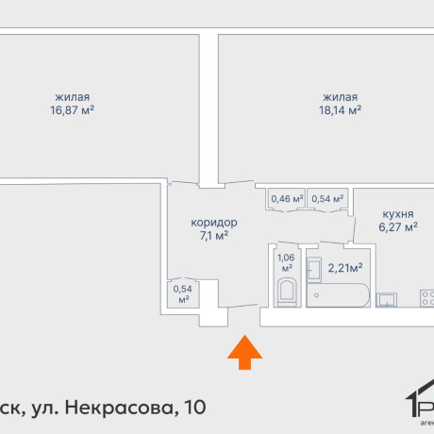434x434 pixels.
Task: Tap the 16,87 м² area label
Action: (72, 109)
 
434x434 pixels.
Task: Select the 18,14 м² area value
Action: (341, 109)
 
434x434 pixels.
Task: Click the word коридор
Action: (214, 223)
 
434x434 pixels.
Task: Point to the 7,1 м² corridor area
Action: (214, 236)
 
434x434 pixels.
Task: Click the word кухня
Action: (398, 214)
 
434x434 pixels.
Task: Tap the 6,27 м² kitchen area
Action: (398, 227)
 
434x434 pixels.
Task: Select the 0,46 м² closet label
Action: (287, 199)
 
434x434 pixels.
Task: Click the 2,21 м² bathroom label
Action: (345, 268)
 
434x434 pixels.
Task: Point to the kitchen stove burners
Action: (426, 299)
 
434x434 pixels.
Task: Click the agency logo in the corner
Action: (415, 406)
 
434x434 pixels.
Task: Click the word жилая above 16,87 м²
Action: (72, 95)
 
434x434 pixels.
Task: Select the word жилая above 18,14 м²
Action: (341, 95)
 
